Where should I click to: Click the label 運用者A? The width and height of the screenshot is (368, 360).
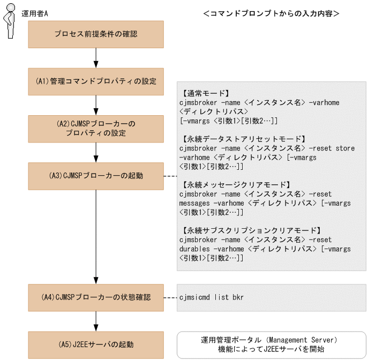(x=35, y=13)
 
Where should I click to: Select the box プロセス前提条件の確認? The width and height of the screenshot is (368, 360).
(x=96, y=34)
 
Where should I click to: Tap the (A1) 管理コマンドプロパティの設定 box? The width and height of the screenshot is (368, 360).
(x=96, y=81)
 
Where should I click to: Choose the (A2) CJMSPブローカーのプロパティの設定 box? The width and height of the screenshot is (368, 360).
(x=96, y=129)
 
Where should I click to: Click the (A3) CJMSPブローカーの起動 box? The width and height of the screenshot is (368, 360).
(x=96, y=176)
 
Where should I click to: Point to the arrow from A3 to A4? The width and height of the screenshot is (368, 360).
(x=96, y=236)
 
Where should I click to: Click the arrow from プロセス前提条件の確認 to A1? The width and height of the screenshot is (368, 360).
(x=96, y=57)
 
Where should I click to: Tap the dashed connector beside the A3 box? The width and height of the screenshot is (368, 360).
(x=170, y=176)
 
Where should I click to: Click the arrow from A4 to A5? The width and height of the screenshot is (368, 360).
(x=96, y=321)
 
